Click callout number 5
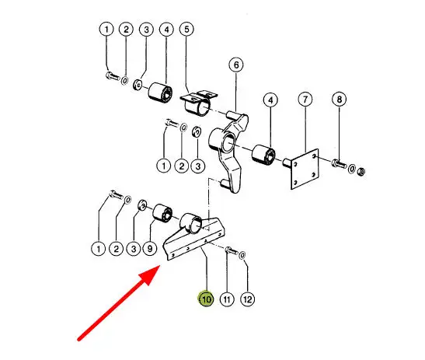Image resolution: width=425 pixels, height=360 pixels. coord(186,29)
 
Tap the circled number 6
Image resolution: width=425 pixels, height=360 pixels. coord(236,65)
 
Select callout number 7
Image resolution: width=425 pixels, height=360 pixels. coord(305,100)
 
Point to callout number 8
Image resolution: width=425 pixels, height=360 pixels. coord(340,100)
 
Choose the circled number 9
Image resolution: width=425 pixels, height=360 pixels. coord(150,249)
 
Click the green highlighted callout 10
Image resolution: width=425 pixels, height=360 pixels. coord(206,299)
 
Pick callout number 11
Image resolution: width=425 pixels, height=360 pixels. coord(227,299)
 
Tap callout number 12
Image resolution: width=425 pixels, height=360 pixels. coord(248,299)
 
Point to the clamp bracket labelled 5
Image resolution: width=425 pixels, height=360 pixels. coord(199,103)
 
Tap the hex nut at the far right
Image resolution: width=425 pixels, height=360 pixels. coord(361,172)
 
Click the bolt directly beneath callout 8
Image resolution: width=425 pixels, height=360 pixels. coord(339,163)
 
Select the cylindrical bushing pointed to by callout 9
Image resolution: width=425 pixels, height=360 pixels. coord(162,213)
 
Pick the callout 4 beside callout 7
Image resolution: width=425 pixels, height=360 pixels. coord(270,100)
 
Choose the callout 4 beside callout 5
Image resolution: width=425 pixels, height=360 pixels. coord(166,30)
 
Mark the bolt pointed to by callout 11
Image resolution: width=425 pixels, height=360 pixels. coord(231,250)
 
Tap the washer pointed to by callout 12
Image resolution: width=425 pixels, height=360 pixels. coord(242,255)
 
